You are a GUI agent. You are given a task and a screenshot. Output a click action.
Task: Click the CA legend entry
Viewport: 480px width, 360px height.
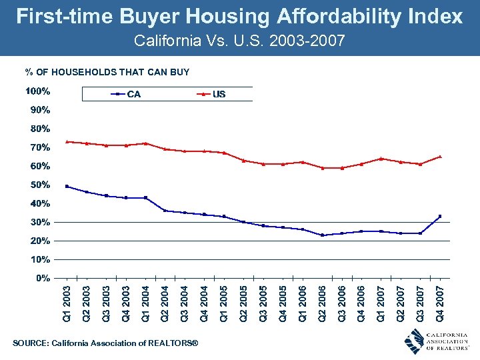tap(133, 94)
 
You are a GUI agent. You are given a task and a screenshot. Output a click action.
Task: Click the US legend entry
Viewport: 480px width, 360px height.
tap(219, 94)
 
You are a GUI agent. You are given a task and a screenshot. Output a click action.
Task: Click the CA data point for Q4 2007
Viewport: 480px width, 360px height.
tap(439, 216)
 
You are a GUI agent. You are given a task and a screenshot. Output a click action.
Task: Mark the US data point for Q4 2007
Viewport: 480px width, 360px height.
tap(439, 157)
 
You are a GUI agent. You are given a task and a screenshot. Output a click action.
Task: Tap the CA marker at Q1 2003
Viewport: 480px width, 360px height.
tap(67, 186)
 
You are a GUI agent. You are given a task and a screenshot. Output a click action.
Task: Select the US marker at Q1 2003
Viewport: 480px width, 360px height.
tap(67, 141)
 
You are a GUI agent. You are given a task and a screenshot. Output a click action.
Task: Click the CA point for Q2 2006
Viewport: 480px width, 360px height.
tap(322, 235)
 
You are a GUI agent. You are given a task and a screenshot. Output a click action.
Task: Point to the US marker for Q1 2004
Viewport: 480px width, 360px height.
tap(145, 143)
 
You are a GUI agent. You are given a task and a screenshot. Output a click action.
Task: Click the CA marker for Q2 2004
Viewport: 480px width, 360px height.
tap(165, 211)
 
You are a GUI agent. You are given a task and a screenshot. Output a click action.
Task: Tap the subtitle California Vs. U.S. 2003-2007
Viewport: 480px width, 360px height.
tap(239, 41)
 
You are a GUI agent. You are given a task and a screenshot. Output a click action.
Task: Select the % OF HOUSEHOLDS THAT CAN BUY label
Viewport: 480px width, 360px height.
tap(107, 72)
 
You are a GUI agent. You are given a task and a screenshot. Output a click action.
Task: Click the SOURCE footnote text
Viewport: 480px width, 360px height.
tap(105, 343)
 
